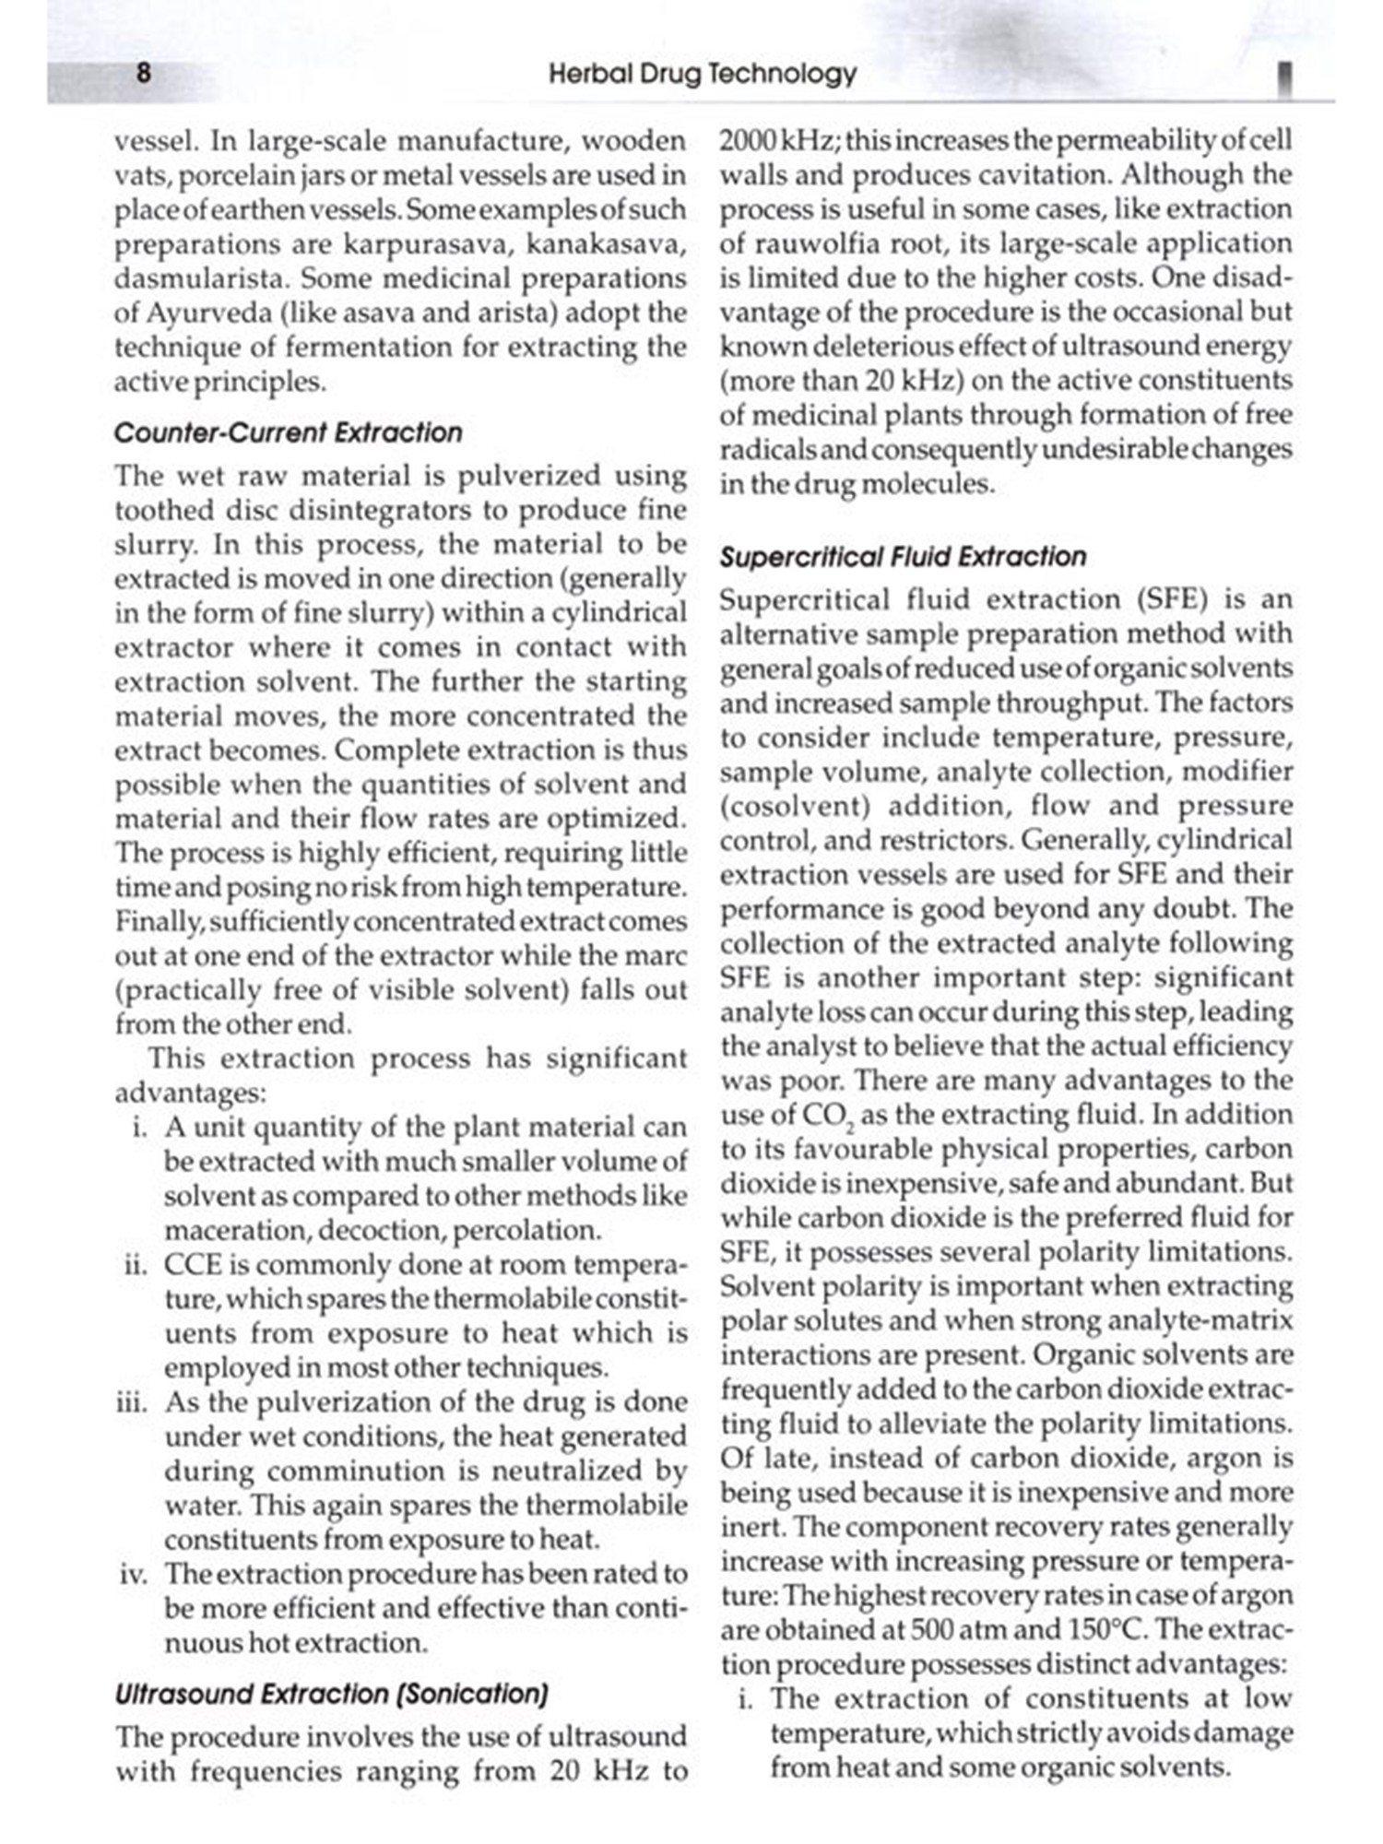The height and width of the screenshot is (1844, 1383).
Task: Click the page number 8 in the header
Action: (x=144, y=73)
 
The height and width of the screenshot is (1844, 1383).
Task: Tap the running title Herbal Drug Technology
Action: (x=703, y=74)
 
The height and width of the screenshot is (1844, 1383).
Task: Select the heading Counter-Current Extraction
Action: (x=288, y=432)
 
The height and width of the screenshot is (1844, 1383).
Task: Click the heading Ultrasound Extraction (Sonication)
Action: (x=332, y=1694)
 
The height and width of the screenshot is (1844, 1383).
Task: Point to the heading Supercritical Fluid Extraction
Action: (x=903, y=557)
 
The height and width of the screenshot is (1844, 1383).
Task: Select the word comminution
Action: (x=369, y=1472)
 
